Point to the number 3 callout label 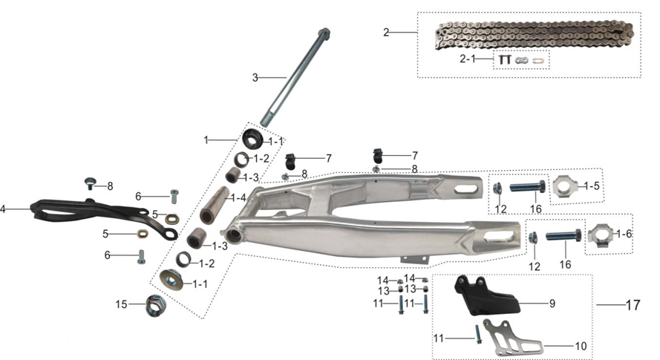pyautogui.click(x=255, y=76)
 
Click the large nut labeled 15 pyautogui.click(x=155, y=304)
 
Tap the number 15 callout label pyautogui.click(x=120, y=304)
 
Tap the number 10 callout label pyautogui.click(x=579, y=346)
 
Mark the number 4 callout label pyautogui.click(x=4, y=209)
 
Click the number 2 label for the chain pyautogui.click(x=386, y=33)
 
